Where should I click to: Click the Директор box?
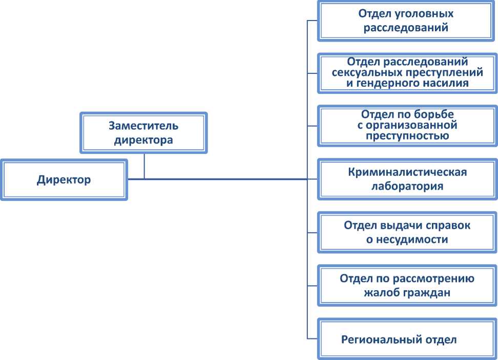point(64,180)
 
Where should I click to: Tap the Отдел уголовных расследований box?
point(407,21)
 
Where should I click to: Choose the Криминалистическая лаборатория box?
point(407,178)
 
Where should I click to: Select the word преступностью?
point(408,136)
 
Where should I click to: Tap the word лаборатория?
point(407,186)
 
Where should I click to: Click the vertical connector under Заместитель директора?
point(144,166)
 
